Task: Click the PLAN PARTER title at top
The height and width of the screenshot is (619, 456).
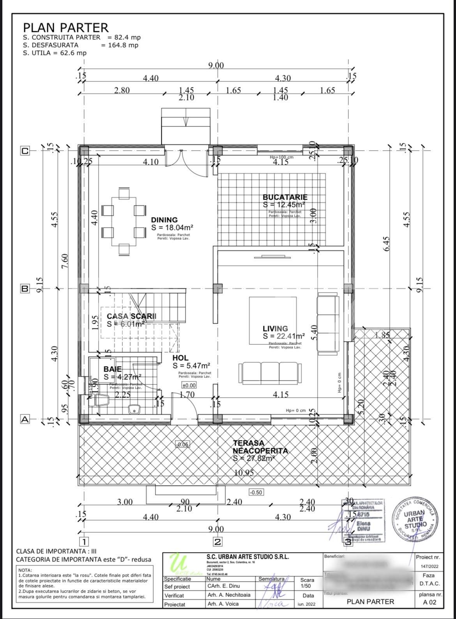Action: (65, 28)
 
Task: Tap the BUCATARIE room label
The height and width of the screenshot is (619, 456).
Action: (285, 197)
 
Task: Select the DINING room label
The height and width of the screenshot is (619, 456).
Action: (164, 220)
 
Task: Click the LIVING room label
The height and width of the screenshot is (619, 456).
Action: (275, 329)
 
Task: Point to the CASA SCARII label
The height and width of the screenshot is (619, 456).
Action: (131, 316)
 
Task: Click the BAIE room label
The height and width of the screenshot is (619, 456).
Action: (112, 369)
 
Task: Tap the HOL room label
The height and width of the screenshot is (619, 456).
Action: (180, 358)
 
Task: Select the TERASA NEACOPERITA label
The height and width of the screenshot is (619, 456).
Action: (260, 447)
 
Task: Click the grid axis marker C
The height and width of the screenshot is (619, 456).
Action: (25, 151)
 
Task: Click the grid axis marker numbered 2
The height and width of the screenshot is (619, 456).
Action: (217, 542)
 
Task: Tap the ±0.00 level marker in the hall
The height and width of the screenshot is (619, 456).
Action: (189, 385)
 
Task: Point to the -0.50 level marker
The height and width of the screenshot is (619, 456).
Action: (256, 492)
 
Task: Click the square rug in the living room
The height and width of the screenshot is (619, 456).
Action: (273, 321)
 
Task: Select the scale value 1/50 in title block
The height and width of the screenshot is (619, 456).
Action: (306, 586)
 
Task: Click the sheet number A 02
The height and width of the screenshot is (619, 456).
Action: (429, 602)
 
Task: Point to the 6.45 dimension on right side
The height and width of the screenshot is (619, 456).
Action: (387, 244)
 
